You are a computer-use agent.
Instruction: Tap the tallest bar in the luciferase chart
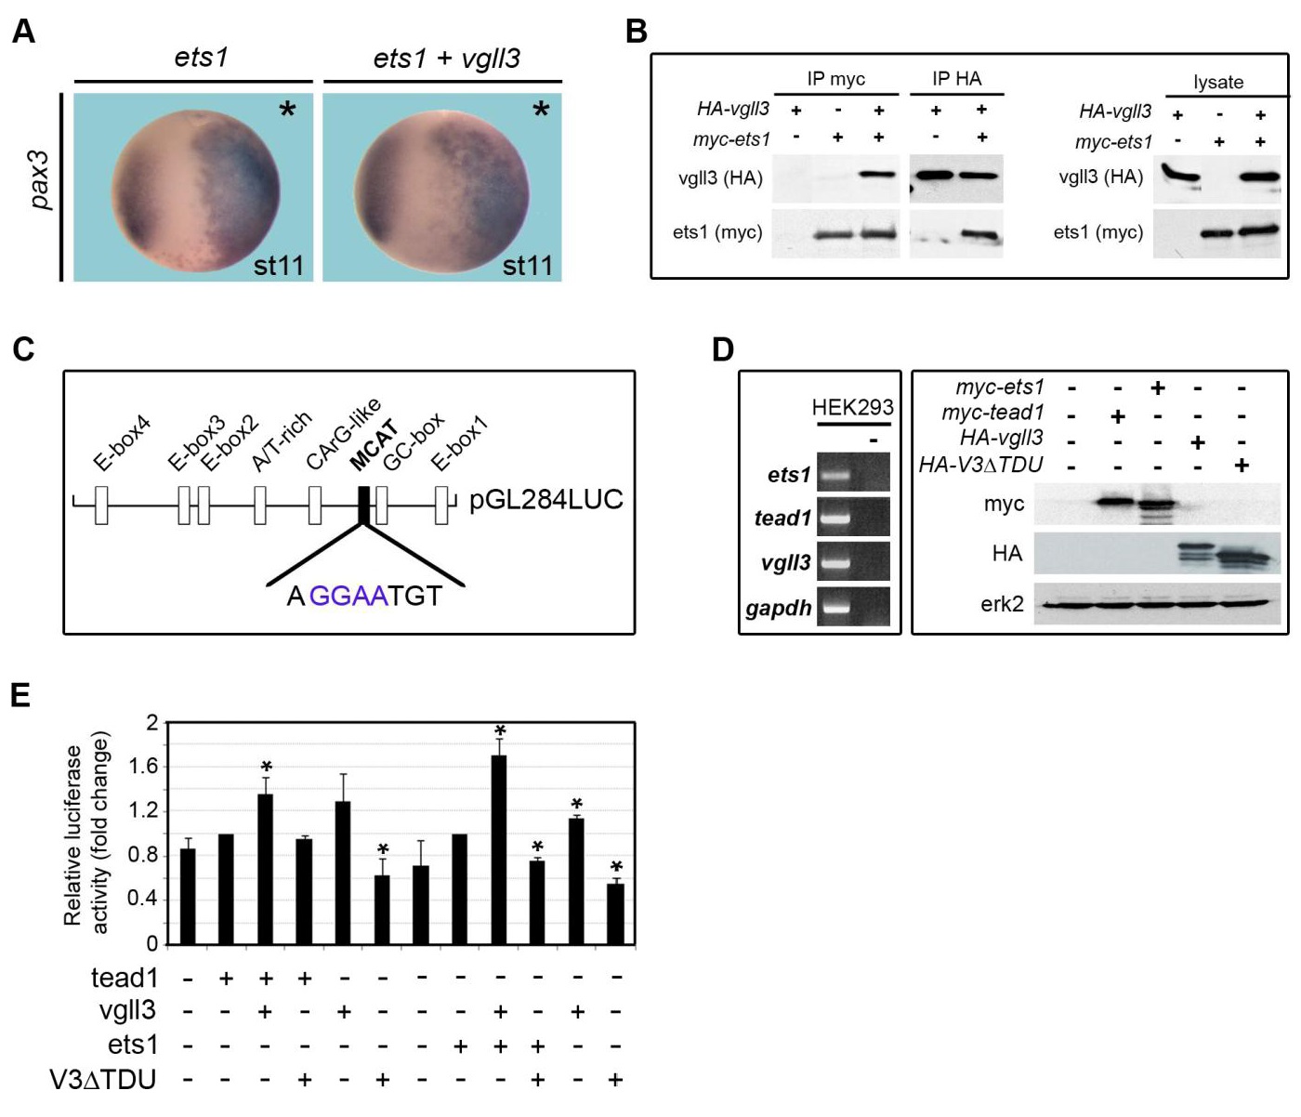[500, 849]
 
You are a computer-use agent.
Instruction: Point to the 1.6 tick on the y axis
[148, 767]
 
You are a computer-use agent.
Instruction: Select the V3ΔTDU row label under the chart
[103, 1079]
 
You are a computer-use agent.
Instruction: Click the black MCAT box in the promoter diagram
[364, 505]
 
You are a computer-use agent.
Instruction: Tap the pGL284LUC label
[546, 500]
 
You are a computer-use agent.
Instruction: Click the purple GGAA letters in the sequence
[348, 596]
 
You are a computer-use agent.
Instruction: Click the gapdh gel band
[834, 609]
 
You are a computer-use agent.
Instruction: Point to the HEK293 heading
[852, 407]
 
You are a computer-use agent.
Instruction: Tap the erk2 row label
[1002, 604]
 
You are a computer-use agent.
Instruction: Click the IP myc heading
[835, 79]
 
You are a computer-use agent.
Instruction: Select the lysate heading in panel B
[1217, 82]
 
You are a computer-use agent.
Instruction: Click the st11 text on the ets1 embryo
[279, 266]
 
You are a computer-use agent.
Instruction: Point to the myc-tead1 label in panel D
[992, 412]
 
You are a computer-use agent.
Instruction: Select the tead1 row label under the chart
[125, 978]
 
